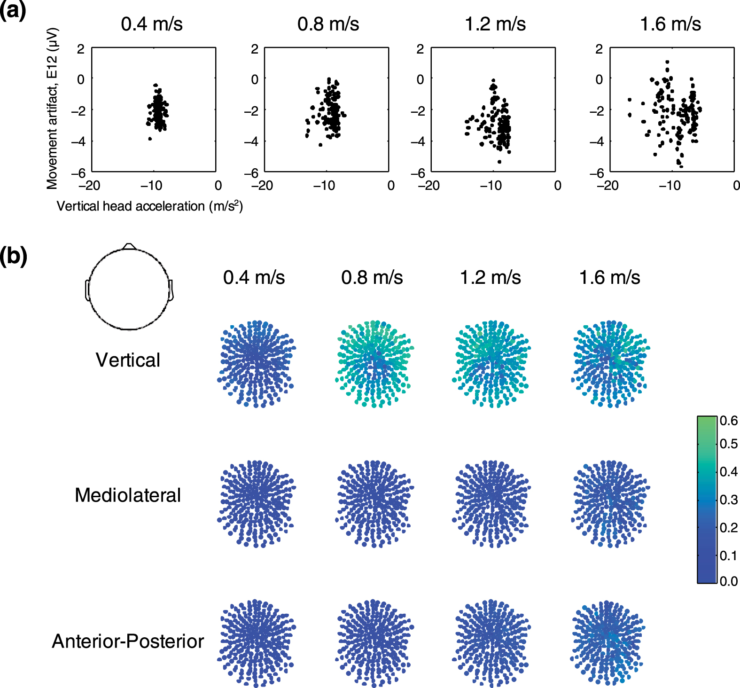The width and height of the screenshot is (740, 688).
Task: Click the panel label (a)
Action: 13,10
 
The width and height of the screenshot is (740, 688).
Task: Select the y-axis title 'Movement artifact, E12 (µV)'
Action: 52,109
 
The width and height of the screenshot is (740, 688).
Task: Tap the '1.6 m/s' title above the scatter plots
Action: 670,24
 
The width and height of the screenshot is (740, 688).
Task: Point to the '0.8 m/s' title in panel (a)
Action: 328,24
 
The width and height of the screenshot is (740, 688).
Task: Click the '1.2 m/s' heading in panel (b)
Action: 490,277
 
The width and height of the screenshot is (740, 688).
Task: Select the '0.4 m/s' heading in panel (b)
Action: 254,277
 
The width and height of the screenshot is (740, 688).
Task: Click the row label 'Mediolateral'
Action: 127,495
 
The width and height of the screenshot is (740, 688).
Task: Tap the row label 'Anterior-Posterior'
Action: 128,641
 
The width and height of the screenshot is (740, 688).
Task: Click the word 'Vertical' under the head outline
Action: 128,360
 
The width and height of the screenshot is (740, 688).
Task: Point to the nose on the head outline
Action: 129,246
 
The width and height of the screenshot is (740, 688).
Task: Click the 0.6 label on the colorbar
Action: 729,421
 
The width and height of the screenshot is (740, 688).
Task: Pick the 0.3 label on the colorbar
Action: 729,500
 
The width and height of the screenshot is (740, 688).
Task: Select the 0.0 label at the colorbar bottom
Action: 729,581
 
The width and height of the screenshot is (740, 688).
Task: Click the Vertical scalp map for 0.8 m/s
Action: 374,364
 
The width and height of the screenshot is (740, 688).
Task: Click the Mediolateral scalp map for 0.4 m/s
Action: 256,503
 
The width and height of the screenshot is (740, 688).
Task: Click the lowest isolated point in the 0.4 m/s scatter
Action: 150,139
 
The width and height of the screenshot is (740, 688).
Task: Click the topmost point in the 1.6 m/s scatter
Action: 667,62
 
